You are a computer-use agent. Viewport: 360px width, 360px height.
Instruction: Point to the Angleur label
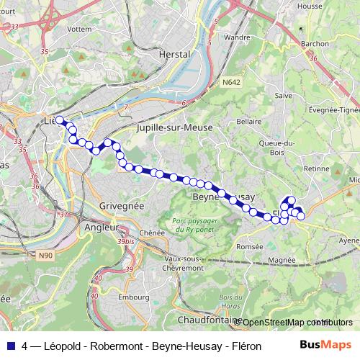101,227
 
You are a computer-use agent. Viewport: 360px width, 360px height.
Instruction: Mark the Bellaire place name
249,122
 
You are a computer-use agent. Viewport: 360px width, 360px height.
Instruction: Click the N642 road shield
231,84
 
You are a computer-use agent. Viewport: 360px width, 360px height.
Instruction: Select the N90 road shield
46,255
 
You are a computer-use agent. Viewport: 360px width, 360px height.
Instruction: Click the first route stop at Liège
60,120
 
